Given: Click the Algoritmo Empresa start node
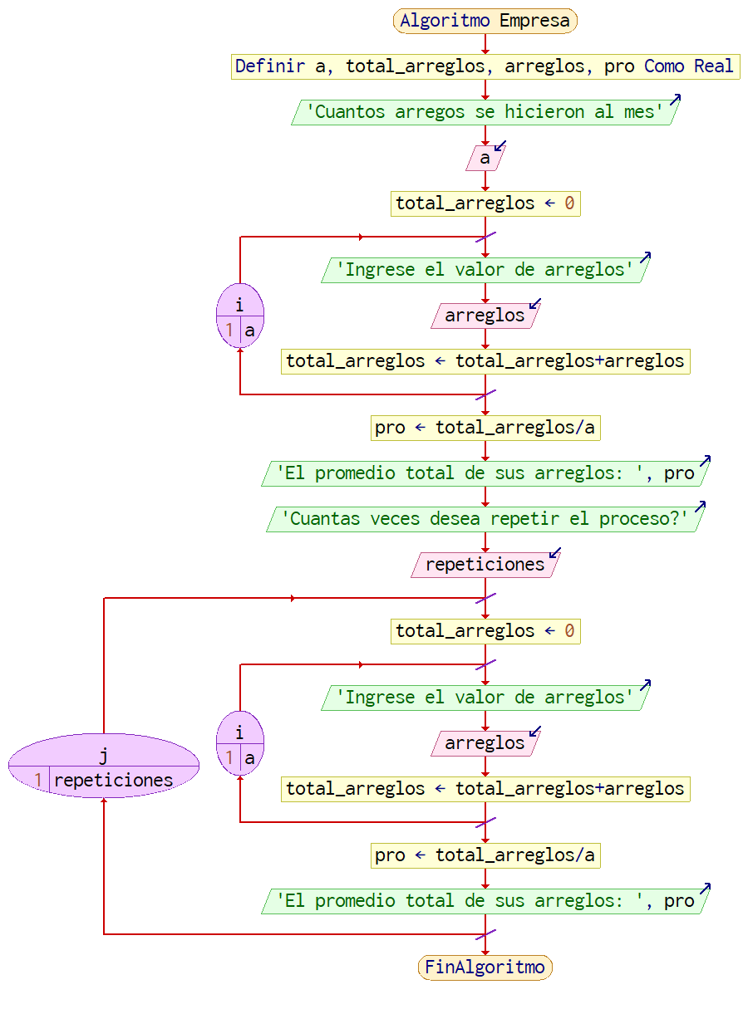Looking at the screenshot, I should [485, 21].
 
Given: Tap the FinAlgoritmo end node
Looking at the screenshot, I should [485, 967].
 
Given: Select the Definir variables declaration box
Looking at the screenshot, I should [485, 66].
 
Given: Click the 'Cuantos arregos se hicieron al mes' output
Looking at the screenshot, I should [485, 112].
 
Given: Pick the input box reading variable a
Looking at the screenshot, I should [485, 158].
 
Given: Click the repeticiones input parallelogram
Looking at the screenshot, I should [485, 565].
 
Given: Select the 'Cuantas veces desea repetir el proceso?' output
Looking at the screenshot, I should [485, 519].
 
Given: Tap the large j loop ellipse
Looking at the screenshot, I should [104, 766].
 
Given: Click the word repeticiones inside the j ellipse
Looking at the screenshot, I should [114, 781].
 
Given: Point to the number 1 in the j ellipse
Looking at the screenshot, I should [38, 781].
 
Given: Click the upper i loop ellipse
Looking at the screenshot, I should [240, 316].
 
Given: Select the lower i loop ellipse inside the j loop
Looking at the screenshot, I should [240, 743].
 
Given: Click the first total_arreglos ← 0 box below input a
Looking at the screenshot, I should [485, 203].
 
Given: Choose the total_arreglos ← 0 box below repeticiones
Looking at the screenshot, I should [485, 631].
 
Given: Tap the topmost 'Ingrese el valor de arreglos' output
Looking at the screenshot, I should [485, 270].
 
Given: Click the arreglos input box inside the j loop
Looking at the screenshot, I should [485, 743].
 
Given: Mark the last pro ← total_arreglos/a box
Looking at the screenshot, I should [485, 855].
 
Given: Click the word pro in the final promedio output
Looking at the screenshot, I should [679, 901].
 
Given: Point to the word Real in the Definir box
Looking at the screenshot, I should [714, 66].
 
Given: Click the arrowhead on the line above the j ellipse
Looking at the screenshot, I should [293, 598].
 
